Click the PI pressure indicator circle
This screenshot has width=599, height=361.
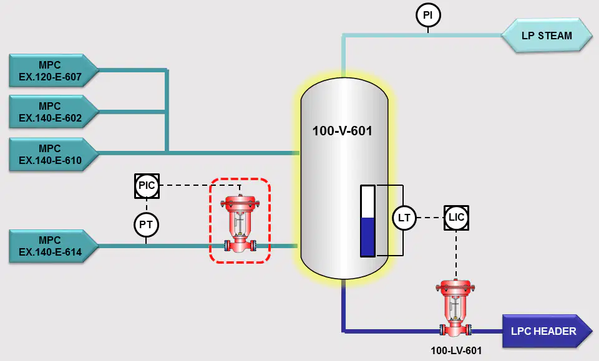[428, 15]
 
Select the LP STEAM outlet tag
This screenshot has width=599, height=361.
[547, 36]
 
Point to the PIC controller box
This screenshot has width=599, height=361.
[147, 186]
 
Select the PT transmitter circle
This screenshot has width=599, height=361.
[146, 224]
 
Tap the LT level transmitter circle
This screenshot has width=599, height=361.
[404, 218]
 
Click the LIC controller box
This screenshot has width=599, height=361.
[456, 218]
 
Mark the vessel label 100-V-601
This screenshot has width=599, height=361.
[343, 131]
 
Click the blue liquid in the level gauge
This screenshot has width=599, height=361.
[368, 236]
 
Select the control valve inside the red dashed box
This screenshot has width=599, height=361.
[240, 224]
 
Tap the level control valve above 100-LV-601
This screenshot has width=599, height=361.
[455, 309]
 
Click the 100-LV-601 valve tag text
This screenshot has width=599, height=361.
[456, 350]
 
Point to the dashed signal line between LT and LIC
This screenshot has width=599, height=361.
[430, 218]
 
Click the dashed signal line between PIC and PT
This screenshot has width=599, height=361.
[146, 205]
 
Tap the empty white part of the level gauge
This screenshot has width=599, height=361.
[368, 202]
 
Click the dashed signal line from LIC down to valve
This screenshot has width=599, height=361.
[455, 254]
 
